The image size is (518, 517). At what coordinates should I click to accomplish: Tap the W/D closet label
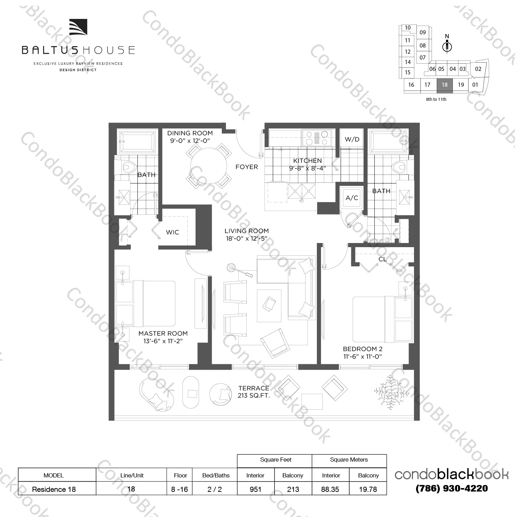pyautogui.click(x=352, y=139)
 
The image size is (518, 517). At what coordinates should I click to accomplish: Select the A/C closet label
pyautogui.click(x=352, y=198)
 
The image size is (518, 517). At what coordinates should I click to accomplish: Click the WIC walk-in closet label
pyautogui.click(x=172, y=232)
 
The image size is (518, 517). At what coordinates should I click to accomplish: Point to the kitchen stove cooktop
pyautogui.click(x=317, y=138)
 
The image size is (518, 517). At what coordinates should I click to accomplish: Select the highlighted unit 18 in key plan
pyautogui.click(x=445, y=85)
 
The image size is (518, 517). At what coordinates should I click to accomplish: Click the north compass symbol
pyautogui.click(x=447, y=46)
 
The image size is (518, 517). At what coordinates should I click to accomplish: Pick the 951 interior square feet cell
pyautogui.click(x=256, y=489)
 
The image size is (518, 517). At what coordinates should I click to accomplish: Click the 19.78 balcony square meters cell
pyautogui.click(x=368, y=489)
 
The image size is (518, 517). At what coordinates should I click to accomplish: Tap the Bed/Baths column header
pyautogui.click(x=216, y=475)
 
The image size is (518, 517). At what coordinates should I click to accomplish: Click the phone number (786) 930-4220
pyautogui.click(x=452, y=488)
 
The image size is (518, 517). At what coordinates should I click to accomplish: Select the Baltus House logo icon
pyautogui.click(x=78, y=28)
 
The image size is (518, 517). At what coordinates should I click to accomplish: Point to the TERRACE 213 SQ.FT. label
pyautogui.click(x=254, y=392)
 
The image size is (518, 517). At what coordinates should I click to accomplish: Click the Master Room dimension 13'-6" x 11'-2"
pyautogui.click(x=163, y=341)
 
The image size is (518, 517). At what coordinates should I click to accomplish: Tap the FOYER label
pyautogui.click(x=247, y=167)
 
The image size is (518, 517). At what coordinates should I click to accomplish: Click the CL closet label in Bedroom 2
pyautogui.click(x=382, y=259)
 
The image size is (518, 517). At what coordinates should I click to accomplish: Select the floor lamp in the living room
pyautogui.click(x=231, y=267)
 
